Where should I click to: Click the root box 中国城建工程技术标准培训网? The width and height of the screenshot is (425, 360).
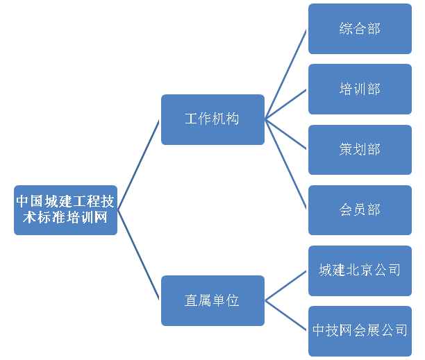[65, 209]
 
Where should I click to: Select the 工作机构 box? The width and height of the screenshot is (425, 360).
[212, 119]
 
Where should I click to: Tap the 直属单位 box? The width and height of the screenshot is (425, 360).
[212, 300]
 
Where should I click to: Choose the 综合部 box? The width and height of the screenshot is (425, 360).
[360, 28]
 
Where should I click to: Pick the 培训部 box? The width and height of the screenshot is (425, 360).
[360, 89]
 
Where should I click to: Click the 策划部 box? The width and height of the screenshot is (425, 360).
[360, 149]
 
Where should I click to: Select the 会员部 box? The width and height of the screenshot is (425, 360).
[360, 209]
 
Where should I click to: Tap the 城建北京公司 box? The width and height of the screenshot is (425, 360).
[360, 271]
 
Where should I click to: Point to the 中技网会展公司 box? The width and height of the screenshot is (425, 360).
[360, 331]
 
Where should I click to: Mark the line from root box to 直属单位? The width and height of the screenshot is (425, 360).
[139, 255]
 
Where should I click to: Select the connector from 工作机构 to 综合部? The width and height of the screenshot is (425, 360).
[286, 74]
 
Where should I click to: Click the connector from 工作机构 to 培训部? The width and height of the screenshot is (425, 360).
[286, 104]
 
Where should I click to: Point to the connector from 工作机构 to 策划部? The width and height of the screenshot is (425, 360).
[286, 134]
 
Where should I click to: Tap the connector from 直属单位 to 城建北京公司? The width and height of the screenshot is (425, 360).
[286, 285]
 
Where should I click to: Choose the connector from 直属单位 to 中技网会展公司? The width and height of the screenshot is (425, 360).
[286, 316]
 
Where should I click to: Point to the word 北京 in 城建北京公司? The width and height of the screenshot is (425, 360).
[360, 271]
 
